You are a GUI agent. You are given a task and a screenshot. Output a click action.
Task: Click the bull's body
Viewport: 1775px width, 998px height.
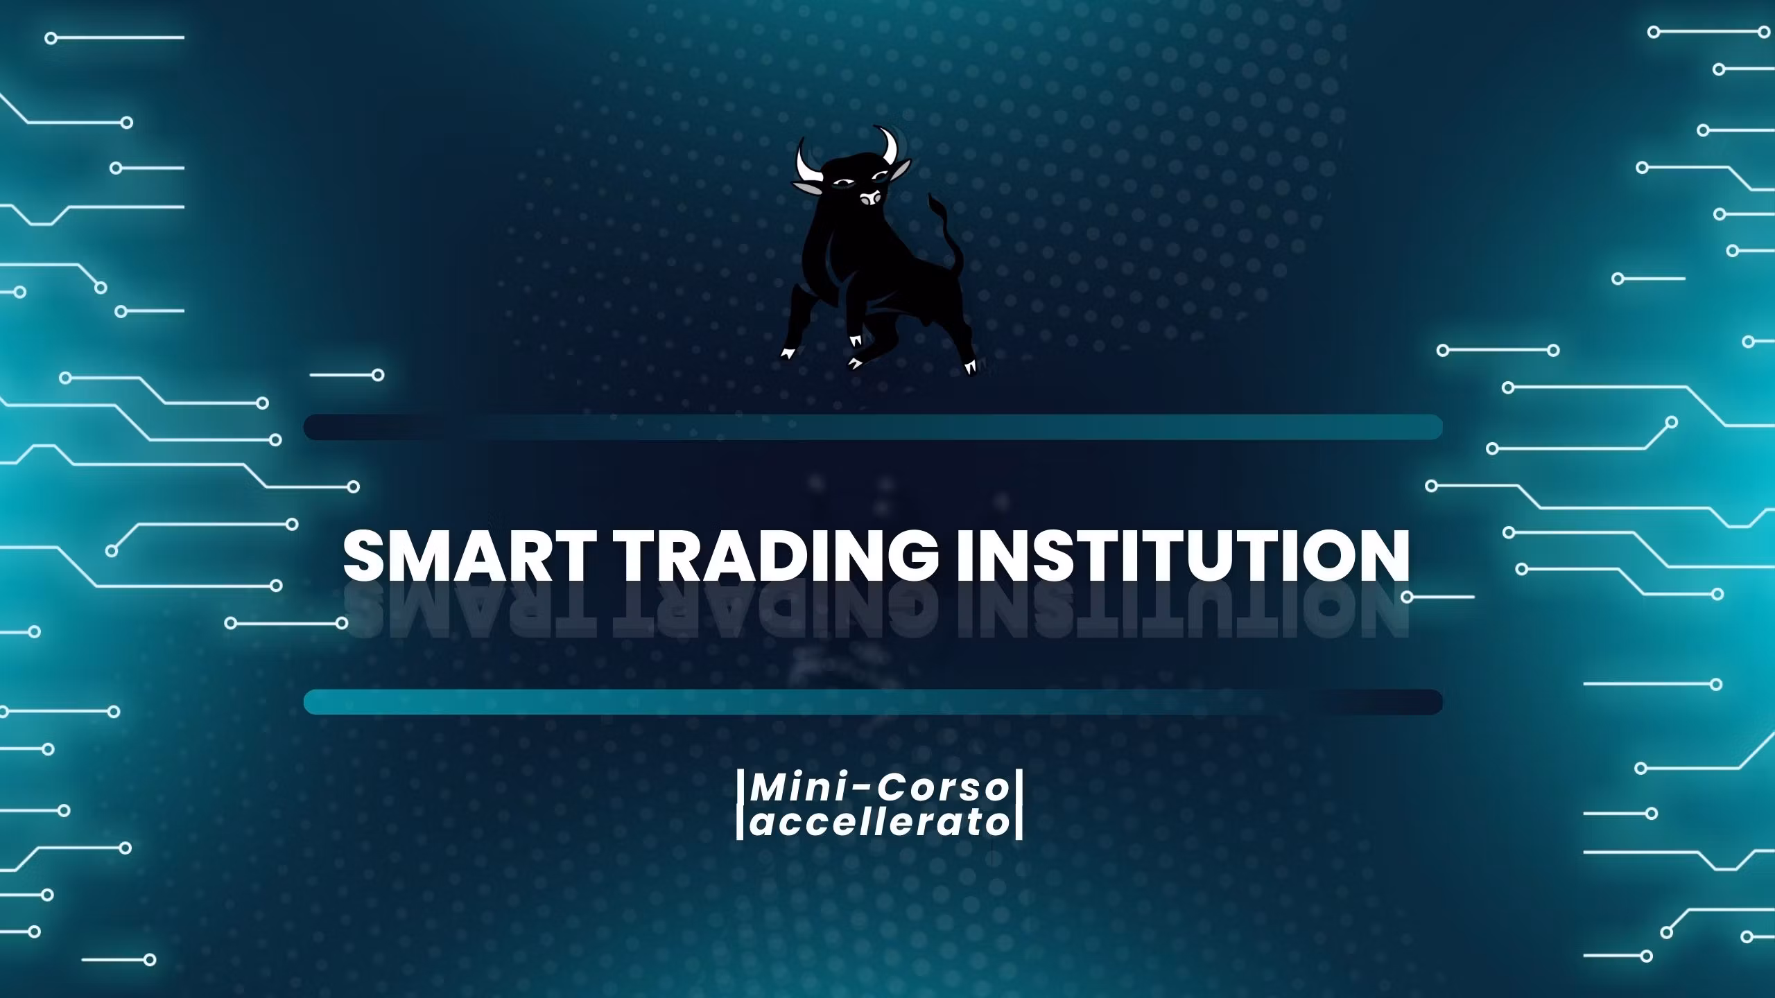pos(887,277)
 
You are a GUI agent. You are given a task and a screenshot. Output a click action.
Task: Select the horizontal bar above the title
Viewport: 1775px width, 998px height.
pos(873,427)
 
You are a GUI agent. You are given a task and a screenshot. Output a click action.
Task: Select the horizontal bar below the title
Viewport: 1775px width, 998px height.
pos(873,701)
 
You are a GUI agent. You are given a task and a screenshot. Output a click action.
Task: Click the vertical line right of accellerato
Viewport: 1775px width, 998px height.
pos(1019,806)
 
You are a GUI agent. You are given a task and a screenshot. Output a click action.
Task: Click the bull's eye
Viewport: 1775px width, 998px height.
pos(841,183)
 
